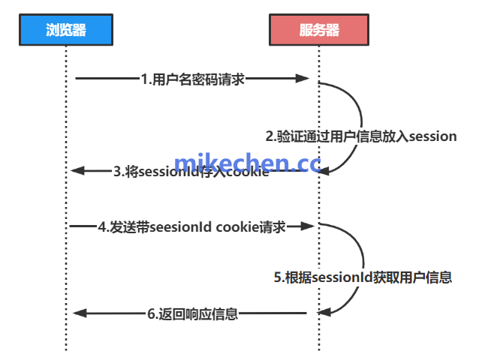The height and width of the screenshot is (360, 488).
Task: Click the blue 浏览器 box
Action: click(66, 30)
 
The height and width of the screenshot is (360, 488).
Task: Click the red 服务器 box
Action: click(319, 30)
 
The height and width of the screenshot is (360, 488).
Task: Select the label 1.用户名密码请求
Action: click(192, 79)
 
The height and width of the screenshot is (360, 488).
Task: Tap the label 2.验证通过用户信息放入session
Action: click(361, 136)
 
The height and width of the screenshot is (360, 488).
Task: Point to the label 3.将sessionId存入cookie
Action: click(191, 172)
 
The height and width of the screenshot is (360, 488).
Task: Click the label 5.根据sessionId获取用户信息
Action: click(362, 277)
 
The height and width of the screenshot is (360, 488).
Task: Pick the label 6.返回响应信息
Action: click(192, 314)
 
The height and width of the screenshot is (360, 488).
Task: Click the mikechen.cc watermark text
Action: click(247, 163)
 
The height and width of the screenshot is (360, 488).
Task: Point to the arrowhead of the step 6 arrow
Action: click(77, 313)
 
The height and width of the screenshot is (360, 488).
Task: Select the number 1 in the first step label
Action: click(144, 79)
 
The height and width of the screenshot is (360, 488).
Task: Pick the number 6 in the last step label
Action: click(150, 314)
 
